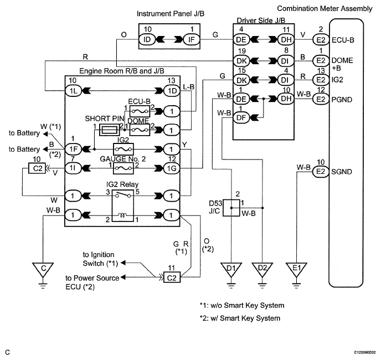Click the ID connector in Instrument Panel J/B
pos(147,39)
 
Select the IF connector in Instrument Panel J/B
pos(192,39)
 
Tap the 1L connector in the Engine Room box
pos(73,91)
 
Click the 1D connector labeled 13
pos(172,91)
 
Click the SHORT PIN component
pos(109,130)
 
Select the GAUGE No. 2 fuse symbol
pos(123,168)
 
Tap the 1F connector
pos(73,149)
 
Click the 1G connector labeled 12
pos(172,168)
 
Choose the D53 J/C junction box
pos(231,208)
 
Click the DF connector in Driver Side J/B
pos(241,117)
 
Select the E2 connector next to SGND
pos(321,172)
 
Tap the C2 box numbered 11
pos(172,277)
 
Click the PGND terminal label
pos(342,100)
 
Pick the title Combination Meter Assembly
pos(325,8)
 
